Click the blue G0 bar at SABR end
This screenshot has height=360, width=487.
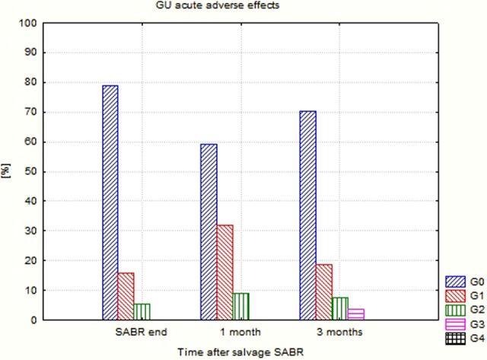(110, 202)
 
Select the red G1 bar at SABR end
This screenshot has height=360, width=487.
(126, 296)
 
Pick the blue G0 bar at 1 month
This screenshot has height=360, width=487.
(208, 231)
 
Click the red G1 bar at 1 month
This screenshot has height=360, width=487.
(224, 272)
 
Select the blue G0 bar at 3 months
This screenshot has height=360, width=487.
(307, 215)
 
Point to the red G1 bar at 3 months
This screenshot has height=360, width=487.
(323, 292)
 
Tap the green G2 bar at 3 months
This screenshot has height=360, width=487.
(339, 308)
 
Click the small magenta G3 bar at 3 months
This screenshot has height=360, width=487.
(355, 314)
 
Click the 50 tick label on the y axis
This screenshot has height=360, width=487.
(30, 172)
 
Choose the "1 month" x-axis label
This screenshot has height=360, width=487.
(233, 332)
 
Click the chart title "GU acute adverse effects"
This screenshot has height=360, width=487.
(203, 7)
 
